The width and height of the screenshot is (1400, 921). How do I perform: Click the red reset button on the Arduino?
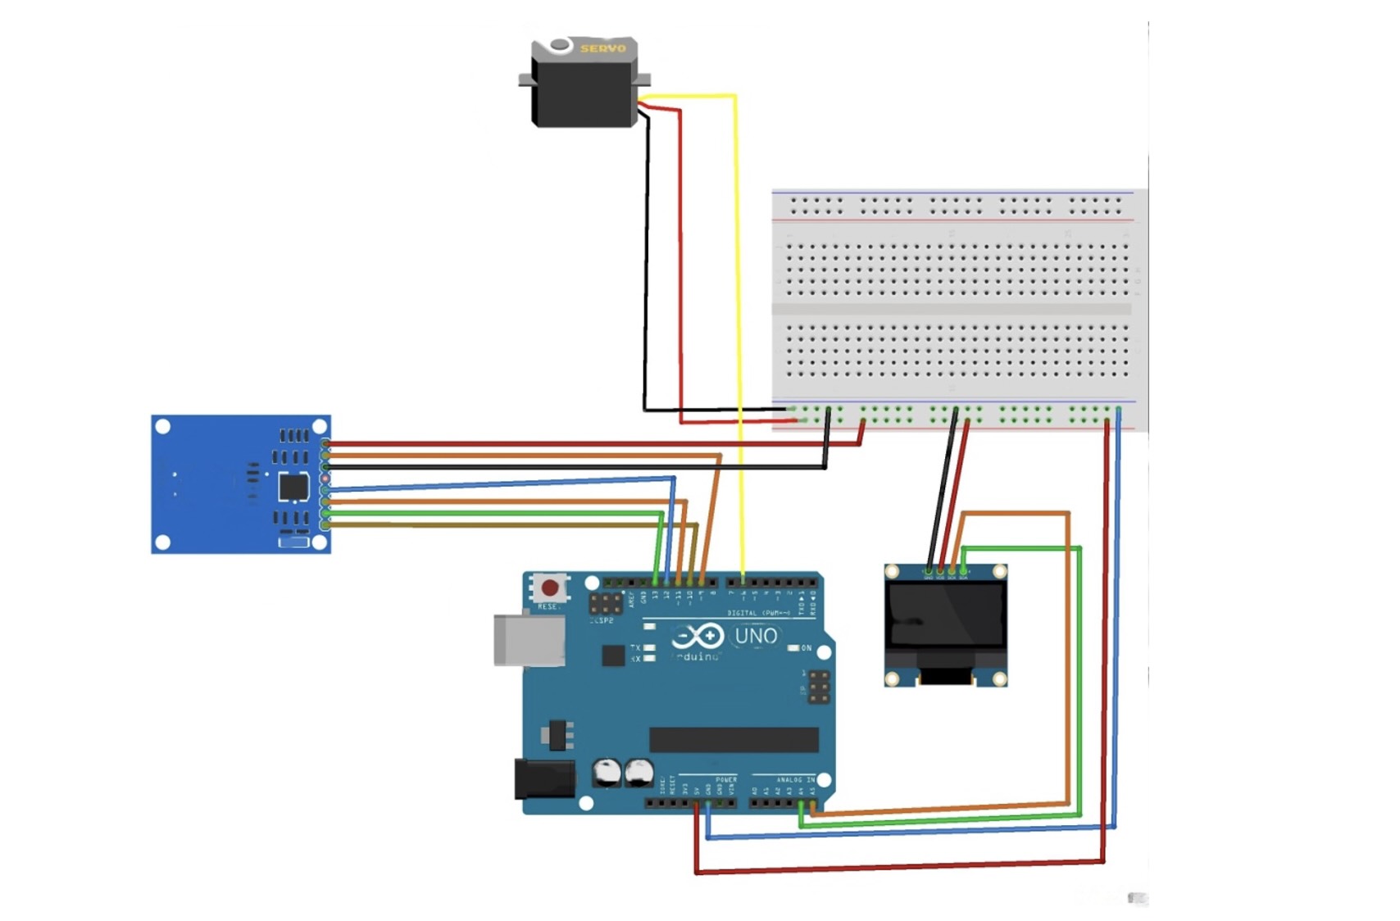(550, 588)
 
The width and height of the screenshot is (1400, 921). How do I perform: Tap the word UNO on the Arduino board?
(756, 636)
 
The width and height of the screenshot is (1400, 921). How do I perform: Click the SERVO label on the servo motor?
(602, 48)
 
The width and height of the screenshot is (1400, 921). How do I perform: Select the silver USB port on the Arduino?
(529, 640)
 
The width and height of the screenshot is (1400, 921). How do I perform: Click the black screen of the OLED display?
(945, 615)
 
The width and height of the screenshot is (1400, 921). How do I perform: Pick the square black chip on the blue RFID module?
(293, 487)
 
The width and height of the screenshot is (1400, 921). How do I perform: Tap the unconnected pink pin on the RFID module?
(325, 478)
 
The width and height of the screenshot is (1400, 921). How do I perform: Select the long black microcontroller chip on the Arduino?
(734, 739)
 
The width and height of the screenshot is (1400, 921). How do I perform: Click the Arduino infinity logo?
(698, 636)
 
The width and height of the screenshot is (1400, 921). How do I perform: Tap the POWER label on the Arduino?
(726, 780)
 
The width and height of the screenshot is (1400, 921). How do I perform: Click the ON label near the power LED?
(807, 648)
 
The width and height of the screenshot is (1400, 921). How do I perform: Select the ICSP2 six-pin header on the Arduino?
(606, 604)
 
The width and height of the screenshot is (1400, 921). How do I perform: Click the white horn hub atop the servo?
(561, 45)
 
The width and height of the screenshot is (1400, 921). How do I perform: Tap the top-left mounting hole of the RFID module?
(163, 427)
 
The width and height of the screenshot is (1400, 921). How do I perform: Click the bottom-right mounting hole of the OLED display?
(1000, 678)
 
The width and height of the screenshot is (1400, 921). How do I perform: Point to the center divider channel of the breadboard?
(952, 310)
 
